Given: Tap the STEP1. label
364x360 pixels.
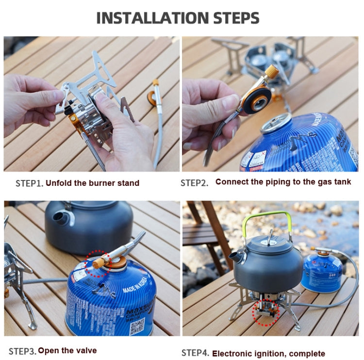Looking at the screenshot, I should tap(30, 183).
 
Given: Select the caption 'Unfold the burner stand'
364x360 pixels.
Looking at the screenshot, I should tap(92, 183).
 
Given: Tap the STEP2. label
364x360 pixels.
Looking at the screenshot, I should tap(194, 183).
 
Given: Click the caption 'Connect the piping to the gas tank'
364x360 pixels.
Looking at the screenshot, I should tap(283, 182).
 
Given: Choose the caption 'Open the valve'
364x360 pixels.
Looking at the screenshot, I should tap(67, 350).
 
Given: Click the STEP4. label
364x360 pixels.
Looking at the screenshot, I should tap(195, 353).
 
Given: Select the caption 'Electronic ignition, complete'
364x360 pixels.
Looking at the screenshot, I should tap(268, 353).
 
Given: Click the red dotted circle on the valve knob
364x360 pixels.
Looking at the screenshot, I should tap(99, 263).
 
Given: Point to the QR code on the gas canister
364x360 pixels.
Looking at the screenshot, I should tap(137, 325).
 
